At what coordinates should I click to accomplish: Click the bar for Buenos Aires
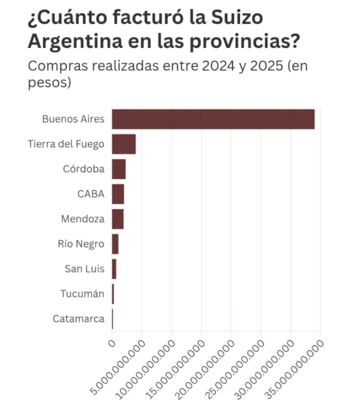(x=213, y=119)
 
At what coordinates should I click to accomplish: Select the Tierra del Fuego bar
(x=124, y=144)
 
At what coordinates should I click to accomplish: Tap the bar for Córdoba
(x=118, y=169)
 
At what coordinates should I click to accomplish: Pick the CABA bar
(x=118, y=194)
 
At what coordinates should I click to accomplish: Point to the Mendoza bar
(x=118, y=219)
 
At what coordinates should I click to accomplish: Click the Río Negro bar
(x=115, y=244)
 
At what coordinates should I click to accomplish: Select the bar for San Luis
(x=114, y=269)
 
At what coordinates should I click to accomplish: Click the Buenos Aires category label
(x=73, y=119)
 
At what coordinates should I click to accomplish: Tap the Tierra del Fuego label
(x=66, y=144)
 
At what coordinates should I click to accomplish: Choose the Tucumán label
(x=82, y=294)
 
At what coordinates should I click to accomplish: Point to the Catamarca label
(x=78, y=319)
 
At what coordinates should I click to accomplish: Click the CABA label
(x=91, y=194)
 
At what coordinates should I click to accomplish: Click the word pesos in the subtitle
(x=47, y=83)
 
